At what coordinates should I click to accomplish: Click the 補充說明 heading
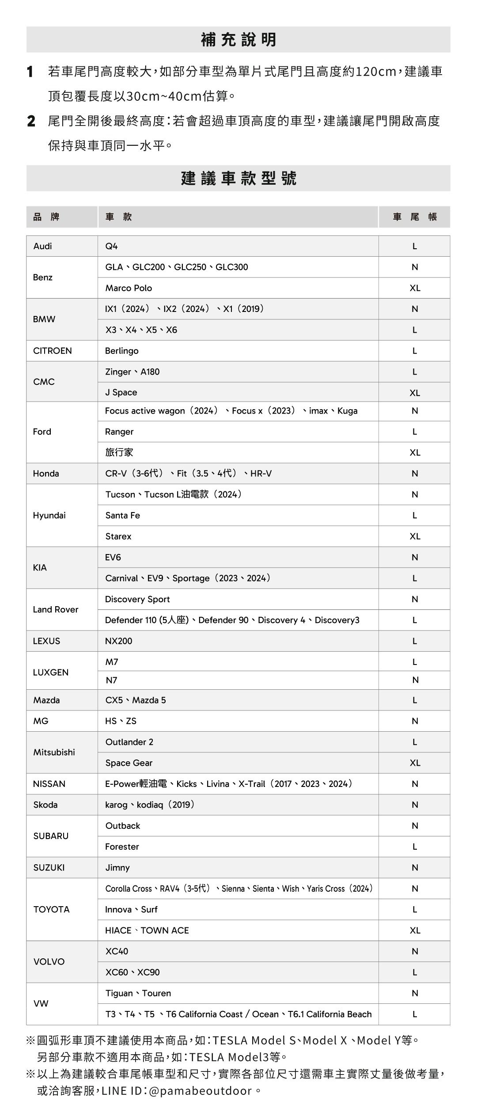[238, 40]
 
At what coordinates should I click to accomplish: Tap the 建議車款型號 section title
[238, 178]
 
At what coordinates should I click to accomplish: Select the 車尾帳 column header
[414, 217]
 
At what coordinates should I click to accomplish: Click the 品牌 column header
[46, 217]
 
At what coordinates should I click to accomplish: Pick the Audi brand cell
[43, 246]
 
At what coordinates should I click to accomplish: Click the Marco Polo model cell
[129, 288]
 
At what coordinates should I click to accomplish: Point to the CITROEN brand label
[52, 351]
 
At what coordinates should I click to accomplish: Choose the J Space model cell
[121, 392]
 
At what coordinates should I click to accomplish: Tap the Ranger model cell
[119, 432]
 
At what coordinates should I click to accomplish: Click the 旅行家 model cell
[119, 452]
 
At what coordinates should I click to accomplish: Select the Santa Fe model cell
[122, 516]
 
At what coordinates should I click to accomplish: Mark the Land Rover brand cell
[55, 610]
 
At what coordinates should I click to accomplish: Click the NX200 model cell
[118, 641]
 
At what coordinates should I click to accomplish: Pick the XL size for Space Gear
[415, 763]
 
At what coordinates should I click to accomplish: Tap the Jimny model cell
[117, 868]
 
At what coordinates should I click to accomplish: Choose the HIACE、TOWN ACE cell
[147, 930]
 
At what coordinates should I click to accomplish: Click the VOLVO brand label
[49, 962]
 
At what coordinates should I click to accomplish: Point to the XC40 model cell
[117, 951]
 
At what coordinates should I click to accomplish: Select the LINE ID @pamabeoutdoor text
[177, 1091]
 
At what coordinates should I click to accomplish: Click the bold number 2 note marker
[31, 121]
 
